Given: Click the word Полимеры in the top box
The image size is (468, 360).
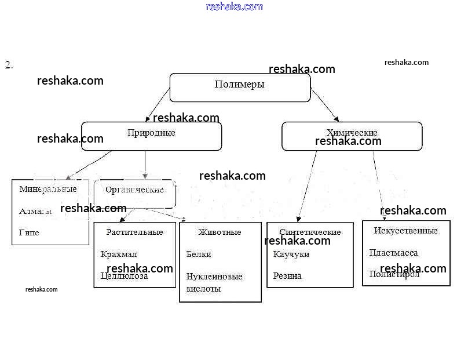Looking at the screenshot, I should (x=239, y=85).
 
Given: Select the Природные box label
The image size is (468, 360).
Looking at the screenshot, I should (x=151, y=133).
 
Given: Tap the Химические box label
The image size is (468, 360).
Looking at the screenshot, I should (x=352, y=133).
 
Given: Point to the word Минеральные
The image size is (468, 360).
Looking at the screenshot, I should (x=47, y=189).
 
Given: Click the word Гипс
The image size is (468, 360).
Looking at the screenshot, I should (x=29, y=232).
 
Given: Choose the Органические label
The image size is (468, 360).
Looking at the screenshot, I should (x=134, y=190).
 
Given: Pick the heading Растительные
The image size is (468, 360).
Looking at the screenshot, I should (x=134, y=232).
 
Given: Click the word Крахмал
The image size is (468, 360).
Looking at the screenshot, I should (x=119, y=254).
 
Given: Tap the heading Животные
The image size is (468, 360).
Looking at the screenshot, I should (x=220, y=232).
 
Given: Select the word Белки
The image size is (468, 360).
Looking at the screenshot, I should (x=199, y=254).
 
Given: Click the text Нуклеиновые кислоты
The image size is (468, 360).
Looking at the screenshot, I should (x=214, y=282).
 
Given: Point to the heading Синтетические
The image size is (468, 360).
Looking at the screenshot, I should (x=310, y=232).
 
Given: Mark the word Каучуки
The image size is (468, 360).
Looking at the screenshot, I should (x=291, y=254).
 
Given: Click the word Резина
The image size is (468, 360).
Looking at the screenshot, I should (x=287, y=276).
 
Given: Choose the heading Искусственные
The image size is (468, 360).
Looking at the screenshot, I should (x=405, y=231).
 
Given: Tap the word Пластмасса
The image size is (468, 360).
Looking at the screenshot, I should (x=393, y=253).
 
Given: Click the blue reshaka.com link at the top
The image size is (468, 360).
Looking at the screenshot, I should (x=234, y=6).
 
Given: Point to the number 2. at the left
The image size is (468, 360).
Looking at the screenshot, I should (x=9, y=65).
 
